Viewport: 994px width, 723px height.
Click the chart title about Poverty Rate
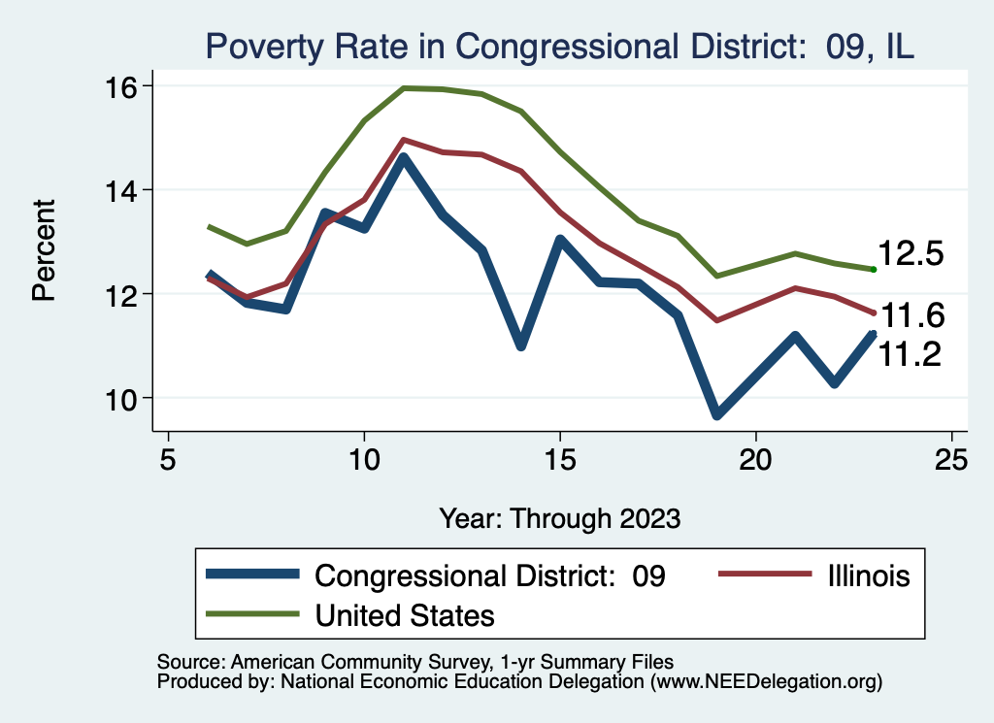(x=558, y=46)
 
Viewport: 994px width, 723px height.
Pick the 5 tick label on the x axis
(x=168, y=458)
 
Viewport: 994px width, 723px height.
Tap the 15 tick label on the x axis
(x=559, y=458)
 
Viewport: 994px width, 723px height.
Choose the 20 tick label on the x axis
(x=755, y=458)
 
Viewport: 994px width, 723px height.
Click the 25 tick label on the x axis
(x=951, y=458)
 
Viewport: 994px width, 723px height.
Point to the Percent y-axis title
(x=44, y=249)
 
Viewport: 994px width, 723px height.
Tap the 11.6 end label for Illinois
(x=911, y=315)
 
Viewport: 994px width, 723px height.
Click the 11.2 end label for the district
(x=911, y=355)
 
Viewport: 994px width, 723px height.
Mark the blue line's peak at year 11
(x=404, y=157)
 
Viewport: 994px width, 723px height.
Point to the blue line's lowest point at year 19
(x=716, y=414)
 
